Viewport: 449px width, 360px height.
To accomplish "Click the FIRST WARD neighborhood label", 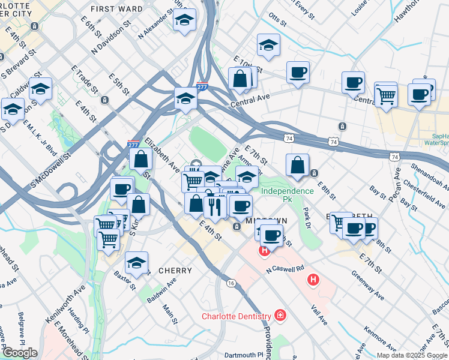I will click(x=116, y=9).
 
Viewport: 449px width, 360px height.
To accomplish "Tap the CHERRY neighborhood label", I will click(x=175, y=271).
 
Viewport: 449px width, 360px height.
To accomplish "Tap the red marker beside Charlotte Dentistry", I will click(x=280, y=315).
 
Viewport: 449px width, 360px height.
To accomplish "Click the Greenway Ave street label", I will click(x=369, y=288).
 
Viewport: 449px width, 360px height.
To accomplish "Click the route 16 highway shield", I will click(x=231, y=283).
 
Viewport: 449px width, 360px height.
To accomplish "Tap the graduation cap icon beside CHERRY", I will click(x=137, y=263).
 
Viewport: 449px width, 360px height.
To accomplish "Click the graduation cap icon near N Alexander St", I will click(x=185, y=19).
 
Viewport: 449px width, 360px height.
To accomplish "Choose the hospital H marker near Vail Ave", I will click(x=313, y=279).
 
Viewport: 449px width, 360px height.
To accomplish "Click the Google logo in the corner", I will click(x=19, y=353).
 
